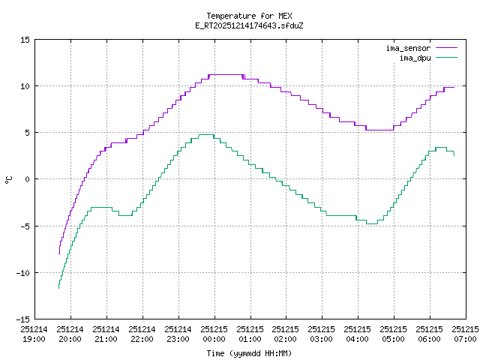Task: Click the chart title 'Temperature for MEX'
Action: [x=249, y=16]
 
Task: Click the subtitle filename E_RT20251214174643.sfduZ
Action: [x=249, y=25]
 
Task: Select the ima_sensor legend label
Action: [x=408, y=48]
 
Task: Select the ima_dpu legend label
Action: [x=415, y=57]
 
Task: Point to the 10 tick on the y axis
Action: [x=25, y=85]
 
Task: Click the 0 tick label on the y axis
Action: [x=28, y=178]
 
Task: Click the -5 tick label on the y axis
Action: [x=25, y=225]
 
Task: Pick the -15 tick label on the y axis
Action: [x=23, y=318]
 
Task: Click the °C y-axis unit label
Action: [x=9, y=178]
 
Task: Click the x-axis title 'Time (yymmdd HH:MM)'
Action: [x=249, y=352]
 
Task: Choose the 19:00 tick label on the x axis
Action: [x=34, y=334]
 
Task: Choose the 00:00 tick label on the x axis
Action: [x=214, y=334]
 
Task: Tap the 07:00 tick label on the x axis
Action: [x=465, y=334]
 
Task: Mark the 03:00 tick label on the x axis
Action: [x=322, y=334]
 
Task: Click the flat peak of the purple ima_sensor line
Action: [x=226, y=74]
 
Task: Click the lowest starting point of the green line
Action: [x=58, y=288]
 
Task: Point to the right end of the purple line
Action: [x=454, y=88]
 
